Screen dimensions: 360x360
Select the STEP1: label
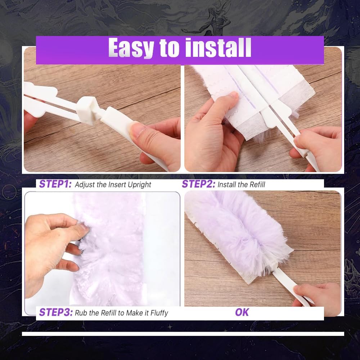55,184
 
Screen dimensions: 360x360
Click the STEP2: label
198,184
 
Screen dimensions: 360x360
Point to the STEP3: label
55,312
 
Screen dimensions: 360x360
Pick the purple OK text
242,312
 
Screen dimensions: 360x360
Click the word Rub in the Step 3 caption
81,312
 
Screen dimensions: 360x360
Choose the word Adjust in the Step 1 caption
85,185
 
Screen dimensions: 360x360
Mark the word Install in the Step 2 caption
228,185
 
